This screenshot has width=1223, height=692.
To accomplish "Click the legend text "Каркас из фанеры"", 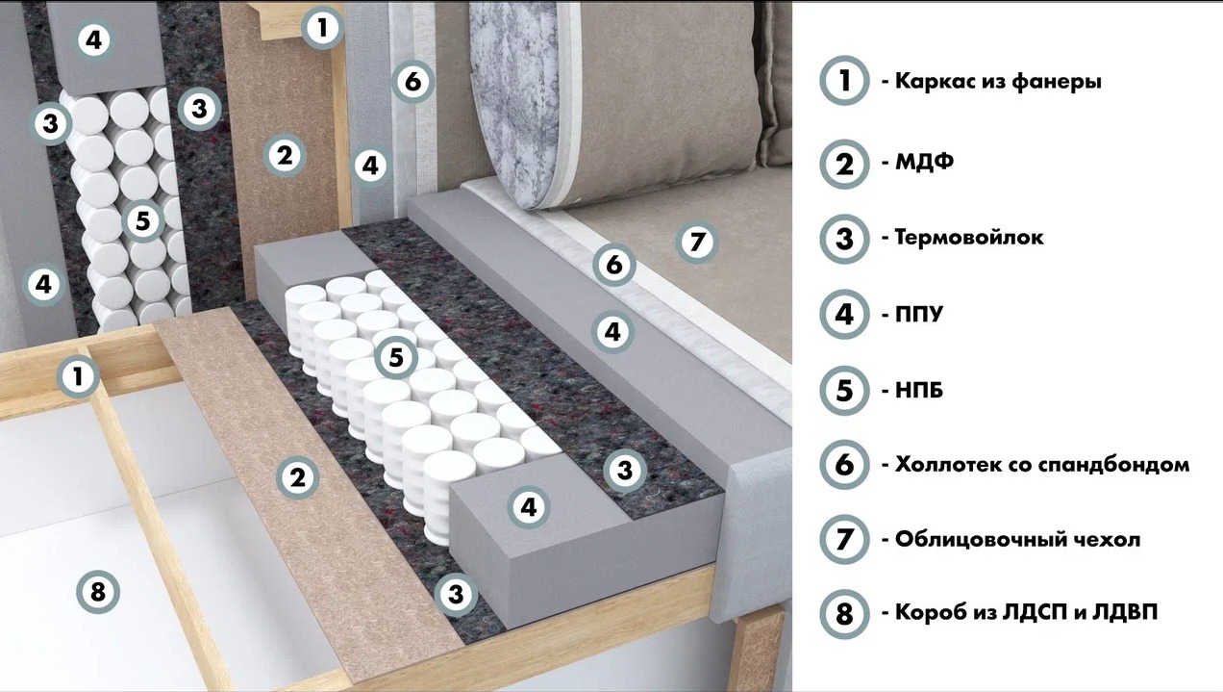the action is pyautogui.click(x=998, y=82).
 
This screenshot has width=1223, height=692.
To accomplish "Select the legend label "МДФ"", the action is pyautogui.click(x=924, y=162).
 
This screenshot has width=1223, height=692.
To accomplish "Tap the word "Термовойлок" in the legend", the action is pyautogui.click(x=969, y=238).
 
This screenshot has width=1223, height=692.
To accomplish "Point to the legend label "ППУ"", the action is pyautogui.click(x=919, y=314).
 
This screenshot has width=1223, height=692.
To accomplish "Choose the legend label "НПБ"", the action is pyautogui.click(x=919, y=391).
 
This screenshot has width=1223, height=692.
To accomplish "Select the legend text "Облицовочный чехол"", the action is pyautogui.click(x=1017, y=540).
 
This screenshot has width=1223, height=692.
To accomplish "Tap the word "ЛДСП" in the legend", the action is pyautogui.click(x=1035, y=612).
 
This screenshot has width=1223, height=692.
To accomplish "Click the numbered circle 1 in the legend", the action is pyautogui.click(x=844, y=80).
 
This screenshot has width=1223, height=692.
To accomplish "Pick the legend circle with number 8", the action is pyautogui.click(x=844, y=613).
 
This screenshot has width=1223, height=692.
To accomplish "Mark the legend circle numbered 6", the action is pyautogui.click(x=844, y=465).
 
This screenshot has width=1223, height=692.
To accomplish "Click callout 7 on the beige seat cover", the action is pyautogui.click(x=697, y=243).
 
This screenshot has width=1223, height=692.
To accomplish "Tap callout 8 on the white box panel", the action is pyautogui.click(x=98, y=592).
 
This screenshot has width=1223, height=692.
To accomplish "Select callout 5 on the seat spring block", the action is pyautogui.click(x=396, y=358).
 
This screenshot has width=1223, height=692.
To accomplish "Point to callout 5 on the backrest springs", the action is pyautogui.click(x=142, y=220).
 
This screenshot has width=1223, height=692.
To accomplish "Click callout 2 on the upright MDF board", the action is pyautogui.click(x=285, y=156).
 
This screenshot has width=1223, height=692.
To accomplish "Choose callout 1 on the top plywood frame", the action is pyautogui.click(x=322, y=27).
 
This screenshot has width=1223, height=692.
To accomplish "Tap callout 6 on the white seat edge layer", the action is pyautogui.click(x=614, y=265).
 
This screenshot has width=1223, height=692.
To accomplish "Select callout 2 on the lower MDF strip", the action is pyautogui.click(x=297, y=477).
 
